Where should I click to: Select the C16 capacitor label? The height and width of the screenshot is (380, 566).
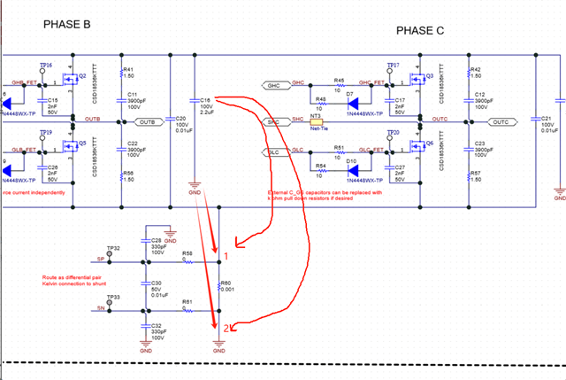203,100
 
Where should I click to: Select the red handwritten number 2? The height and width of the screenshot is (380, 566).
226,329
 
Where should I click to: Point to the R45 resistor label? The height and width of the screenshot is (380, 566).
339,80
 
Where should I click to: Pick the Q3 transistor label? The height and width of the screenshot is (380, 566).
430,76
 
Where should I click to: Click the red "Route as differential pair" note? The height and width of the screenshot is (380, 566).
72,280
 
